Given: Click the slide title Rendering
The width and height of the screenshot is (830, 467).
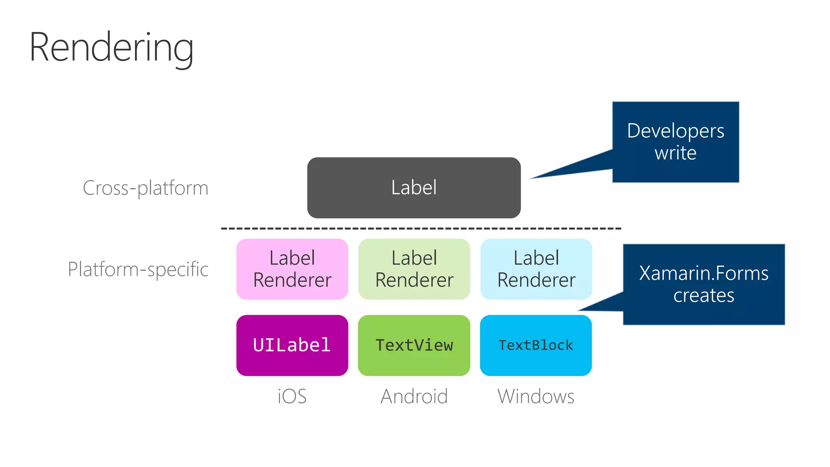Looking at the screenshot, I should coord(111,48).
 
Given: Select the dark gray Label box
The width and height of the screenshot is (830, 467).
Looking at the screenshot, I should coord(414,188).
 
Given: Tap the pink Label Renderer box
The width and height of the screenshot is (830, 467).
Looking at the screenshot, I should coord(292,269).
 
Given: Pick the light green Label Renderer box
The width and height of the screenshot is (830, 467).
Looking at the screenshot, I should coord(414,269).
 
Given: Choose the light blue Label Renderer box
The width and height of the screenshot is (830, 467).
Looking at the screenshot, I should coord(536,269).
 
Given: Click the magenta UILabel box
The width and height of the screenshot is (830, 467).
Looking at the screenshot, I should coord(292,345).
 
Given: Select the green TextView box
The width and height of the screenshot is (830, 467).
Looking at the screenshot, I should coord(414,345).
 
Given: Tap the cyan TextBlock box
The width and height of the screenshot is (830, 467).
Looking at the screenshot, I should coord(536,345).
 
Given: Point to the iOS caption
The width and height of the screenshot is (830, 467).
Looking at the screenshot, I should coord(292,396).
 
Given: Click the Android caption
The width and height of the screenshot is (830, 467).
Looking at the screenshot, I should coord(414,396).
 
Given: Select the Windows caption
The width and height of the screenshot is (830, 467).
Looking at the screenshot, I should coord(536,396).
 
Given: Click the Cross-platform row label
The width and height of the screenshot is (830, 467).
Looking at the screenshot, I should coord(145,188).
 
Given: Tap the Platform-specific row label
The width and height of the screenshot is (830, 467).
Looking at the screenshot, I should coord(138,269).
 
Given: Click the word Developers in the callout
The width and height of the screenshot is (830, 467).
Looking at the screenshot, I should coord(676,131).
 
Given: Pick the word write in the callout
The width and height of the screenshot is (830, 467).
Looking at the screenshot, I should coord(676,153).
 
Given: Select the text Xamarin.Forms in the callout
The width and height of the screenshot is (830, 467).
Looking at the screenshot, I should coord(704,273).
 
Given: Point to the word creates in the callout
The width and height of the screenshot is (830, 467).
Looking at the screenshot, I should coord(704,296).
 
